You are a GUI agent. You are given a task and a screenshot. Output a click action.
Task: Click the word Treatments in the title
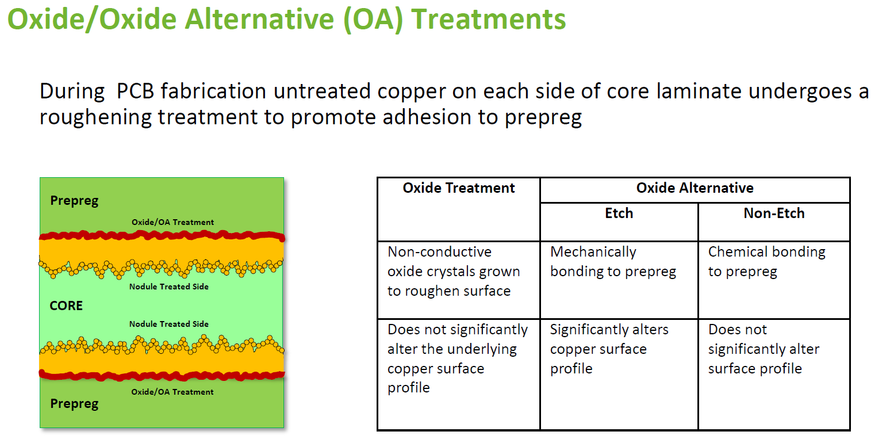tap(488, 19)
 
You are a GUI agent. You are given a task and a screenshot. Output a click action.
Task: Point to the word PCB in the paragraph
tap(135, 91)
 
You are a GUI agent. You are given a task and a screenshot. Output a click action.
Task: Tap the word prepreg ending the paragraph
tap(543, 118)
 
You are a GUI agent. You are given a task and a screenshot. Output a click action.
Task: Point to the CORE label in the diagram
tap(66, 306)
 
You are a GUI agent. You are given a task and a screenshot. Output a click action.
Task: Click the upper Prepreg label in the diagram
tap(74, 201)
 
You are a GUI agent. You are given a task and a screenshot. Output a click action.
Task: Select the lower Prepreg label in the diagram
tap(74, 404)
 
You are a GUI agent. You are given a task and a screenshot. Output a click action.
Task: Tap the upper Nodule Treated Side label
tap(169, 287)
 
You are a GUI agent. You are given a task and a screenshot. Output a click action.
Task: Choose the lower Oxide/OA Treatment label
tap(172, 392)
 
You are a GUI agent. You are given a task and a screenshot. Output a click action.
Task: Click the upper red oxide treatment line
tap(162, 236)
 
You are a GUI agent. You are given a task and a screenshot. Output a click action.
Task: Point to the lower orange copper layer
tap(162, 362)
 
